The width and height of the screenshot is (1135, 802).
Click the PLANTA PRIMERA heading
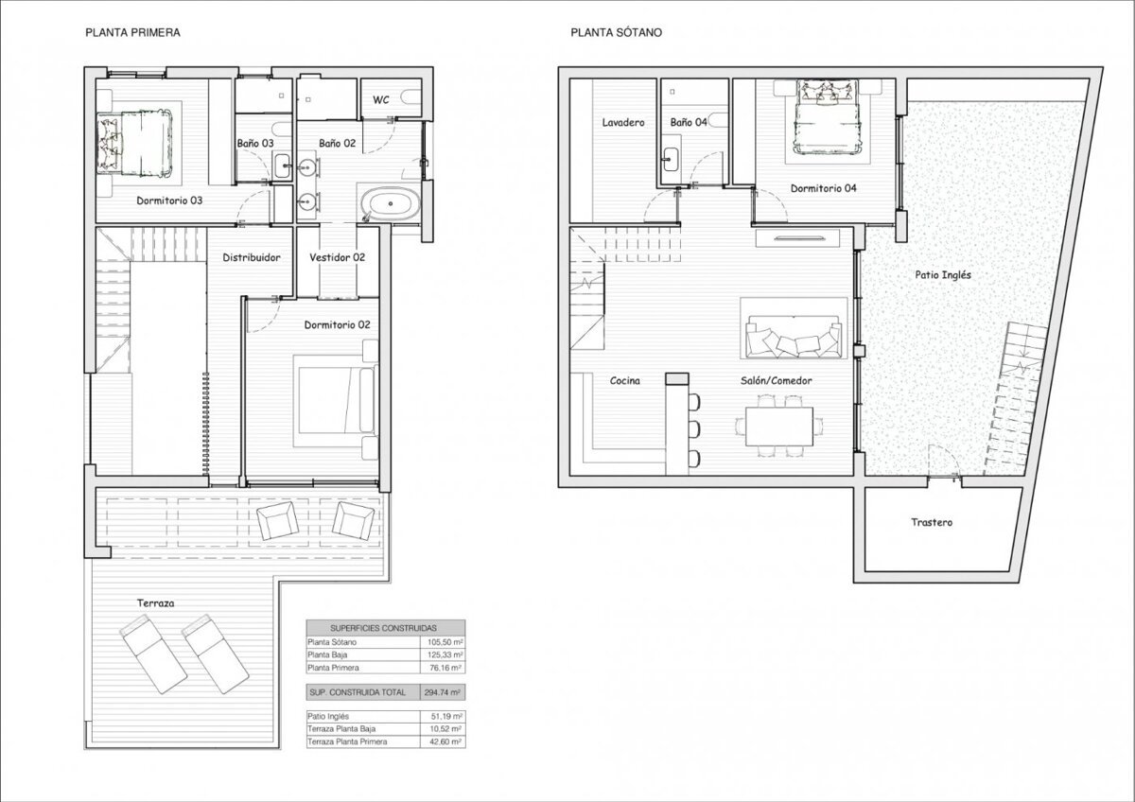point(132,32)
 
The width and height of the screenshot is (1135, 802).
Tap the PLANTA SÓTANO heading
point(616,32)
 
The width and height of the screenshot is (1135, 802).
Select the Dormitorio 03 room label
point(169,200)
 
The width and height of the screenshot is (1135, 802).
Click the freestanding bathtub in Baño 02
point(391,203)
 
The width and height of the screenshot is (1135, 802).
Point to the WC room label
point(381,100)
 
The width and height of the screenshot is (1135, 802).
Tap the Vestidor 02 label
point(337,257)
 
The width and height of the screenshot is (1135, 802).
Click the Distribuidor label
point(252,257)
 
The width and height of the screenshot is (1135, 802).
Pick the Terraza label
point(155,602)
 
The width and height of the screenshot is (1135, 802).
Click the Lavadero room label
point(623,123)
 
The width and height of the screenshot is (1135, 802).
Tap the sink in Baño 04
point(671,160)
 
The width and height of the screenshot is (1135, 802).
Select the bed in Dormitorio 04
point(828,116)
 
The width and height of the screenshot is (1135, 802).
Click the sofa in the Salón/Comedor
point(794,336)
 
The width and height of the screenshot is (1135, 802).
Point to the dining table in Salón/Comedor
point(778,427)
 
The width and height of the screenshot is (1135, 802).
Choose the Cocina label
point(625,380)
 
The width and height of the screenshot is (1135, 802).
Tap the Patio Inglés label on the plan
point(943,275)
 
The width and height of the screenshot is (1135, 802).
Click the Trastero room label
point(932,522)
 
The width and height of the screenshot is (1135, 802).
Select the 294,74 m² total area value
point(443,692)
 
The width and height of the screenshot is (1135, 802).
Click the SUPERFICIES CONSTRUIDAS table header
point(383,628)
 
